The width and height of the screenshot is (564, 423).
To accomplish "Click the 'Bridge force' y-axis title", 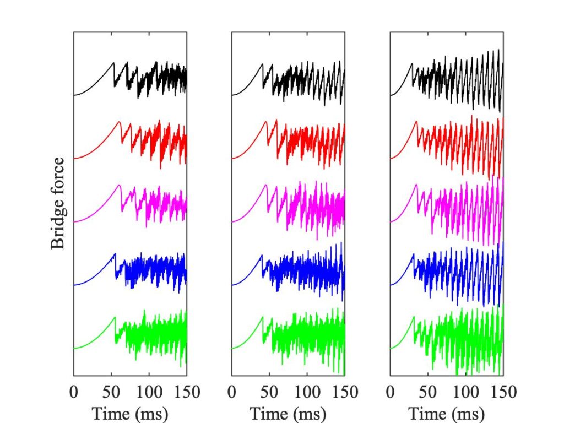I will click(x=58, y=203).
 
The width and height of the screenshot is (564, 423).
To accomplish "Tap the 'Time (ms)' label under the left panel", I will click(x=130, y=413).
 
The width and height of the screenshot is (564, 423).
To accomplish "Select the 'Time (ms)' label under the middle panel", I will click(x=288, y=413).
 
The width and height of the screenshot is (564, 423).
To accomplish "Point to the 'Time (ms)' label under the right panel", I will click(x=446, y=413).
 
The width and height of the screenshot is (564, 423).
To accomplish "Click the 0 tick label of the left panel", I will click(x=74, y=392).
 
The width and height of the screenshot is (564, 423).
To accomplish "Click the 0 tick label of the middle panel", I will click(x=232, y=392).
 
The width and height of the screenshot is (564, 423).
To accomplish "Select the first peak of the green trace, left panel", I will click(x=115, y=317).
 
